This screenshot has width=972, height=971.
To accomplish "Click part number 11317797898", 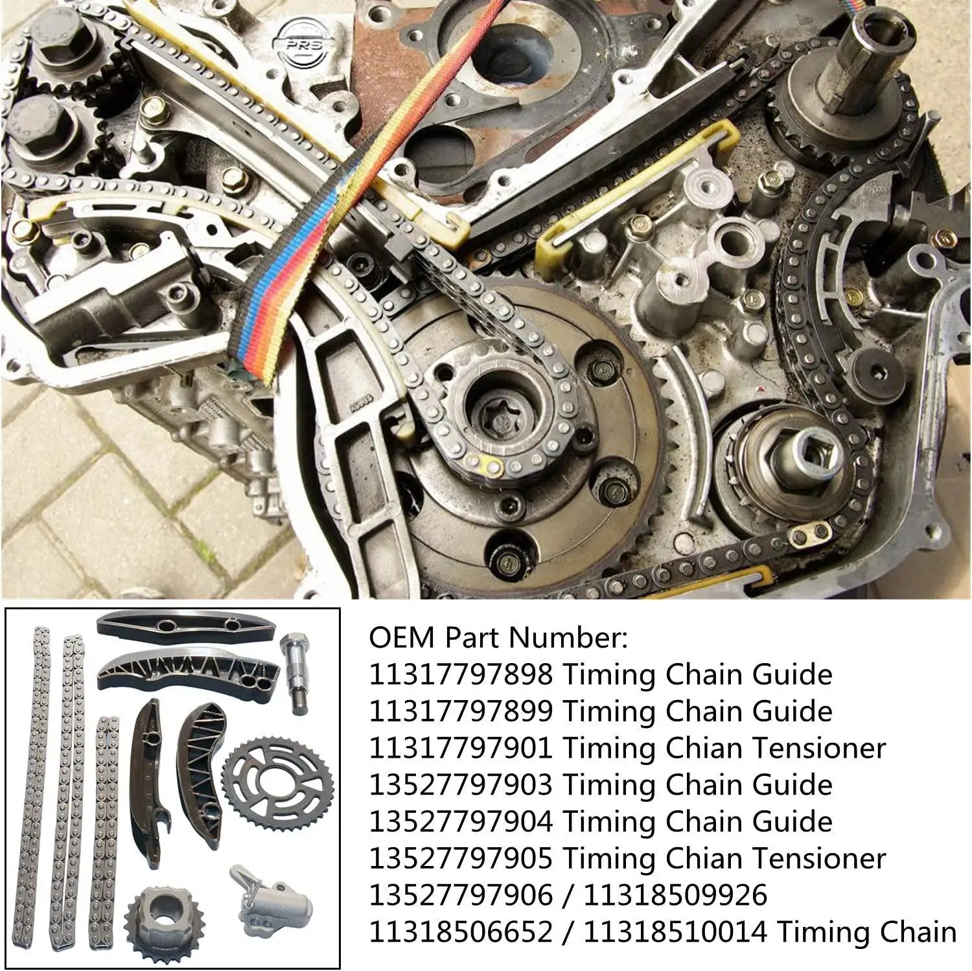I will point(461,675).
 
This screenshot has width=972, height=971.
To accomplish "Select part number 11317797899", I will point(461,712).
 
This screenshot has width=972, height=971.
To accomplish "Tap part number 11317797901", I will point(461,749).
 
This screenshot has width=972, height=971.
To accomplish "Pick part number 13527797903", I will point(461,785).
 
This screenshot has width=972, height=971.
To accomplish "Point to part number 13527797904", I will point(461,822).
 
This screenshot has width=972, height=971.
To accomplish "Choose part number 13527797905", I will point(461,859).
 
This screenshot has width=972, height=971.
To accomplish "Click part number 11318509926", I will point(675,895).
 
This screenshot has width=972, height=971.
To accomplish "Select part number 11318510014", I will point(675,932).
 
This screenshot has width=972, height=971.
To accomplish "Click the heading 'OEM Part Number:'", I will point(498,638).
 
